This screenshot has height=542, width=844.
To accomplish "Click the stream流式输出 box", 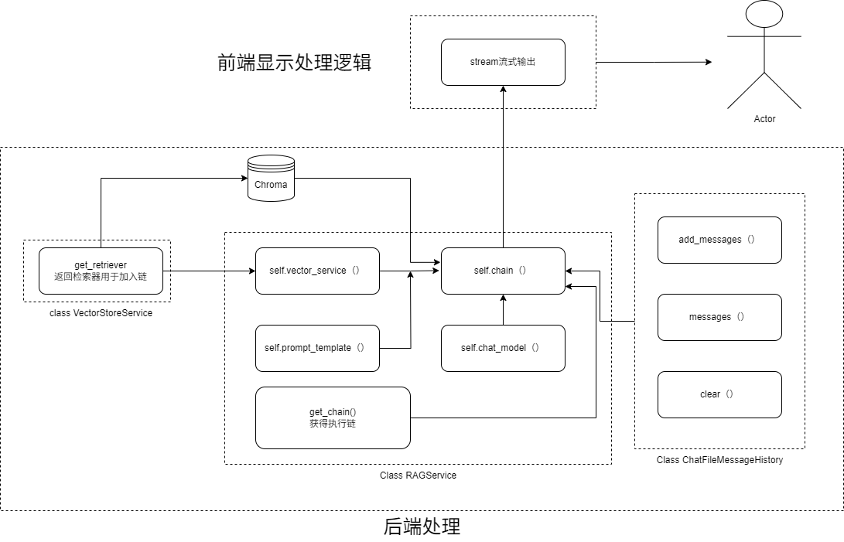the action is pyautogui.click(x=503, y=62).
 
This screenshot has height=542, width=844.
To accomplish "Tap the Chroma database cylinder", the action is pyautogui.click(x=271, y=178).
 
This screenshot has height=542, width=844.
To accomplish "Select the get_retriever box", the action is pyautogui.click(x=101, y=271).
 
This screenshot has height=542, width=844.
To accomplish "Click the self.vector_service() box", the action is pyautogui.click(x=317, y=271).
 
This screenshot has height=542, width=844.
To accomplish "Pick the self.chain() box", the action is pyautogui.click(x=503, y=271).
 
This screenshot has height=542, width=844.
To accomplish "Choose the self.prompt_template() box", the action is pyautogui.click(x=317, y=348).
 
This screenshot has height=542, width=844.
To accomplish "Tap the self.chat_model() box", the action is pyautogui.click(x=503, y=348).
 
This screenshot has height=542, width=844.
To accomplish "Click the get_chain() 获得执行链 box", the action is pyautogui.click(x=333, y=418).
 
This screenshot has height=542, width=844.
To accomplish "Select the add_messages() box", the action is pyautogui.click(x=719, y=240).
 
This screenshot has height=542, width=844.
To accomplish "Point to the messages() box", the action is pyautogui.click(x=719, y=318).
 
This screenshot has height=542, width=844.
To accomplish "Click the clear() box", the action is pyautogui.click(x=719, y=394).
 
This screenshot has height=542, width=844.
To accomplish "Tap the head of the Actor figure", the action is pyautogui.click(x=764, y=14).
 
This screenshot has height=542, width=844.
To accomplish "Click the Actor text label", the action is pyautogui.click(x=764, y=119).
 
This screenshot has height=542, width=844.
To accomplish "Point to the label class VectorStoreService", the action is pyautogui.click(x=101, y=313).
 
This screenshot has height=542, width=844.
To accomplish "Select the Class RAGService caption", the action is pyautogui.click(x=418, y=476).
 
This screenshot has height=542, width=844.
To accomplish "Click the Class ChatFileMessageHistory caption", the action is pyautogui.click(x=719, y=459).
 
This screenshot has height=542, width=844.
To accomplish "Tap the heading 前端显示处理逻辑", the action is pyautogui.click(x=295, y=63).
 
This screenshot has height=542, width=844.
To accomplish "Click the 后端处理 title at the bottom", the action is pyautogui.click(x=422, y=527).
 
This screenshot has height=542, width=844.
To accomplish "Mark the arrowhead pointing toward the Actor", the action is pyautogui.click(x=709, y=62).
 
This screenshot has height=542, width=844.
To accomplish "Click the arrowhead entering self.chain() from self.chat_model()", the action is pyautogui.click(x=504, y=298).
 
